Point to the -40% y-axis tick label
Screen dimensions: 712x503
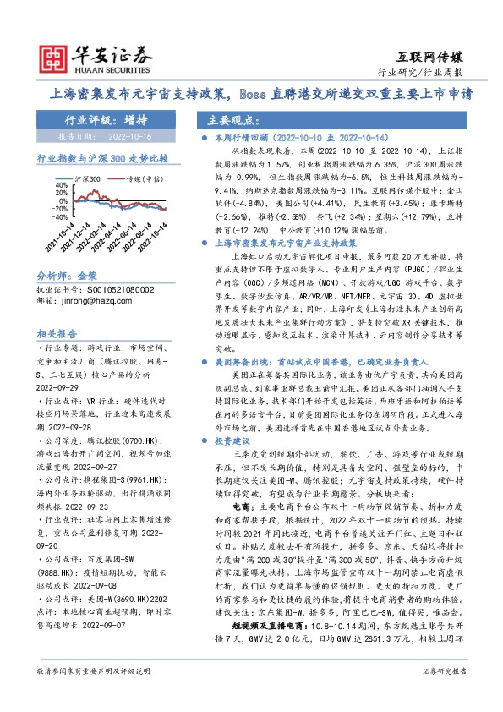point(61,214)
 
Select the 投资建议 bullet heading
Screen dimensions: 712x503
point(232,417)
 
